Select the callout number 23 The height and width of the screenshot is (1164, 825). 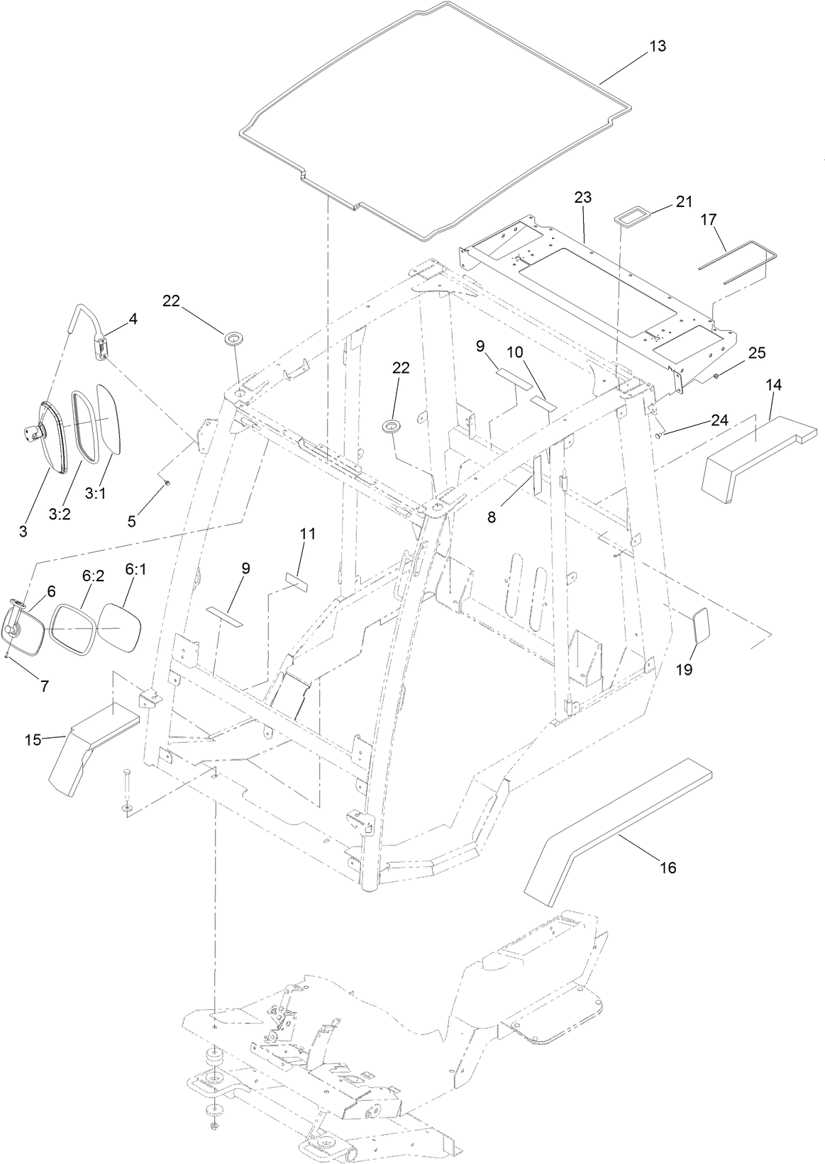coord(583,198)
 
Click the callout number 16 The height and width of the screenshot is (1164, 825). coord(668,867)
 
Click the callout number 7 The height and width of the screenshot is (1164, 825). coord(44,685)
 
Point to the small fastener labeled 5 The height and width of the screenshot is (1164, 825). coord(165,483)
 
